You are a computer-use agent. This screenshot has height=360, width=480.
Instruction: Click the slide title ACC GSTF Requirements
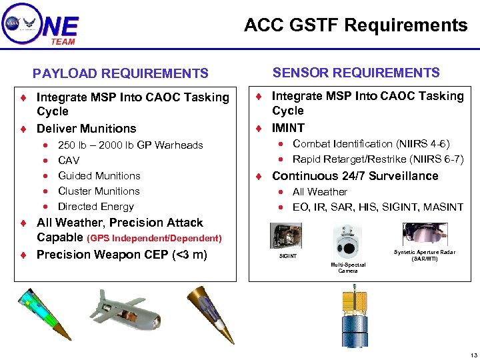[x=355, y=25]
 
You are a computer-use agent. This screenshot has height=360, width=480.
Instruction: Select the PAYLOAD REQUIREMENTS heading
[x=121, y=73]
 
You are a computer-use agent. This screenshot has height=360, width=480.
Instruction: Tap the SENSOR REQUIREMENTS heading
[x=356, y=73]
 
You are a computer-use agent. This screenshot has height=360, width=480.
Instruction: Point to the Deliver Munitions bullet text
[x=86, y=129]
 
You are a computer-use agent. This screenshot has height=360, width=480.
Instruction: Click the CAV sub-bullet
[x=69, y=160]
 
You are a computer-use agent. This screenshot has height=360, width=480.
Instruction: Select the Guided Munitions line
[x=99, y=175]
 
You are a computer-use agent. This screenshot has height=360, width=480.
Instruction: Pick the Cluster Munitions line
[x=99, y=191]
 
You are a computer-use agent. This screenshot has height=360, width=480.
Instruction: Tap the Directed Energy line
[x=96, y=207]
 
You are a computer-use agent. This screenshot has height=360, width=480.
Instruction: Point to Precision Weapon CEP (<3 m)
[x=121, y=254]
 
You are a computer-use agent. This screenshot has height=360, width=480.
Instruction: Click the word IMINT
[x=288, y=128]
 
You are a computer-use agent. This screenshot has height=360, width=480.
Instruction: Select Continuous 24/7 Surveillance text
[x=355, y=176]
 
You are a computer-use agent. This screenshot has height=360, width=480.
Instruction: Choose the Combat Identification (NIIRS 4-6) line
[x=371, y=144]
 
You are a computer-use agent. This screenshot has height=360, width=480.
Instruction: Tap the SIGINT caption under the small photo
[x=288, y=256]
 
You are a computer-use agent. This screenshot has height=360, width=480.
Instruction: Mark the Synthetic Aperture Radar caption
[x=425, y=255]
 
